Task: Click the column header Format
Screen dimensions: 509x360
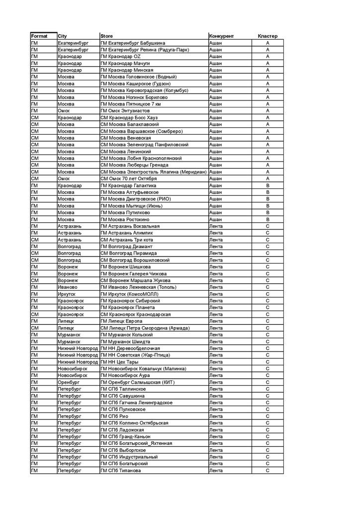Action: (39, 36)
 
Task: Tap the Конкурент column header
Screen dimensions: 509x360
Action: (222, 36)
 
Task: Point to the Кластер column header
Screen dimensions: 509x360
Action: (268, 36)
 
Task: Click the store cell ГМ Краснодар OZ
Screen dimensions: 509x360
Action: (121, 57)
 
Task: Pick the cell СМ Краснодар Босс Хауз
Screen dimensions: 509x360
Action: (131, 118)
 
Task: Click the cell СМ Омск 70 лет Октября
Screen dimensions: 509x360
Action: (129, 178)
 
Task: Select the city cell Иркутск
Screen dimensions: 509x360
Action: (67, 294)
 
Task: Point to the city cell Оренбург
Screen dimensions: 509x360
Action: (69, 382)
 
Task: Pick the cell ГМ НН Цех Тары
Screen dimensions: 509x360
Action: (119, 361)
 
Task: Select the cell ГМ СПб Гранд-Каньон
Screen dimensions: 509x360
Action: (125, 436)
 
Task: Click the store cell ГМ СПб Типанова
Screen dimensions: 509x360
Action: (121, 470)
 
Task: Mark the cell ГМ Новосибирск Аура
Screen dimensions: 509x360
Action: (129, 375)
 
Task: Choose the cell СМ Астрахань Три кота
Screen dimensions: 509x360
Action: (127, 240)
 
